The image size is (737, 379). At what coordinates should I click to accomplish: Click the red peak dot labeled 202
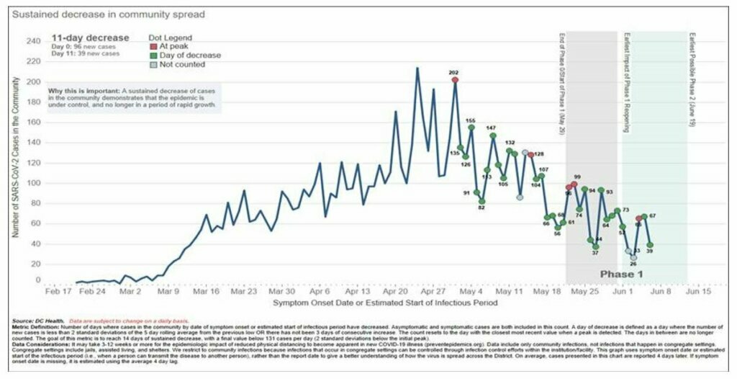pos(455,80)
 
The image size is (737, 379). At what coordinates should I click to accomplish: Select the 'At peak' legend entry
pos(169,46)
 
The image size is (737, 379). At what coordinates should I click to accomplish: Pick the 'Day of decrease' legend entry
pos(185,55)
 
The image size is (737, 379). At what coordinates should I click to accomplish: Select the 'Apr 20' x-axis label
pos(395,293)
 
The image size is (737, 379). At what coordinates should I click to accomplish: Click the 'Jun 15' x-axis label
pos(697,293)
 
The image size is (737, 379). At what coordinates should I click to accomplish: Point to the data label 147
pos(491,128)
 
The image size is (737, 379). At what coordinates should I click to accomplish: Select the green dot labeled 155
pos(471,128)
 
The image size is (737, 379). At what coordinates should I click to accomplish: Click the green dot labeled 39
pos(650,245)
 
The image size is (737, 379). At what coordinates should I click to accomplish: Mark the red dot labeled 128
pos(531,155)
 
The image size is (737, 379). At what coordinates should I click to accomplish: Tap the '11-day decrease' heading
pos(90,37)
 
